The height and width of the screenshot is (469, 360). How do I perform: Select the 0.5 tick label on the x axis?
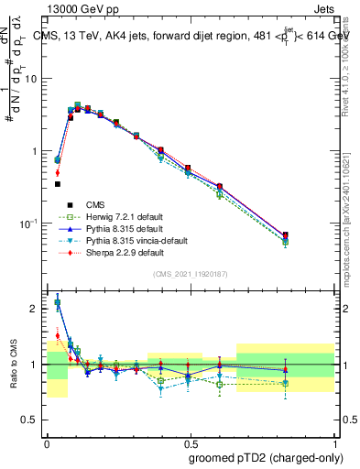[190, 441]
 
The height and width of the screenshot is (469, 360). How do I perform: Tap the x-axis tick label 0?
[47, 441]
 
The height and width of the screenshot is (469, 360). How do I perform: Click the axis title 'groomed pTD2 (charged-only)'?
[263, 457]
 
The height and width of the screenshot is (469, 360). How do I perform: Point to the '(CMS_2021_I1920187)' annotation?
[191, 274]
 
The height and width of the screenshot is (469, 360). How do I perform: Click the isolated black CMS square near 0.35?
[57, 184]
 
